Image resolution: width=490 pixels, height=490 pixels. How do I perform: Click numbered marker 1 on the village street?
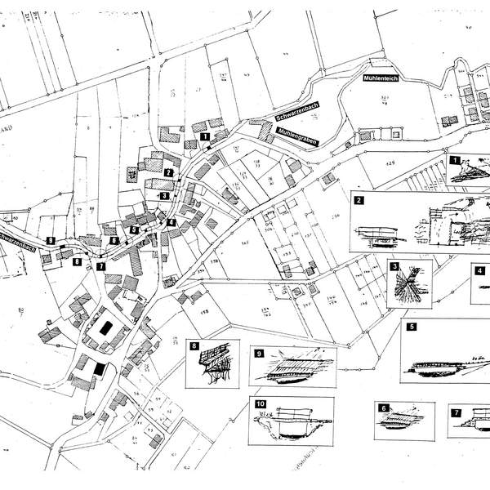(x=204, y=136)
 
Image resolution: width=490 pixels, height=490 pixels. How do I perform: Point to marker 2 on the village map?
(x=168, y=172)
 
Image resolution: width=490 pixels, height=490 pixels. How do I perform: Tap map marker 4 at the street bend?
(x=171, y=222)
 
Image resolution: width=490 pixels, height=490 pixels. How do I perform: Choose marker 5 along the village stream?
(x=135, y=231)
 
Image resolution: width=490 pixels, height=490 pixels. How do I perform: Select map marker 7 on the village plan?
(x=101, y=266)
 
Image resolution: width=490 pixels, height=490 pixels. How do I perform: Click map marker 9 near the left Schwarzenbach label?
(x=51, y=241)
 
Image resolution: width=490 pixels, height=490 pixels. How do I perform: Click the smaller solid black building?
(x=99, y=368)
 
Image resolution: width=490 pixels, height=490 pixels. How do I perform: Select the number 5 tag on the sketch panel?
(x=412, y=327)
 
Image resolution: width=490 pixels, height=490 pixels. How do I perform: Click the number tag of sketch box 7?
(x=454, y=411)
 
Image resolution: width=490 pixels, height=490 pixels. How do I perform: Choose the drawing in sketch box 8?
(x=214, y=365)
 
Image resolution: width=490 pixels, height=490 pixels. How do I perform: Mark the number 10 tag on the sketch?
(x=260, y=403)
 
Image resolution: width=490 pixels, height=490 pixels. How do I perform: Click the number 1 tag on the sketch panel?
(x=455, y=161)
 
